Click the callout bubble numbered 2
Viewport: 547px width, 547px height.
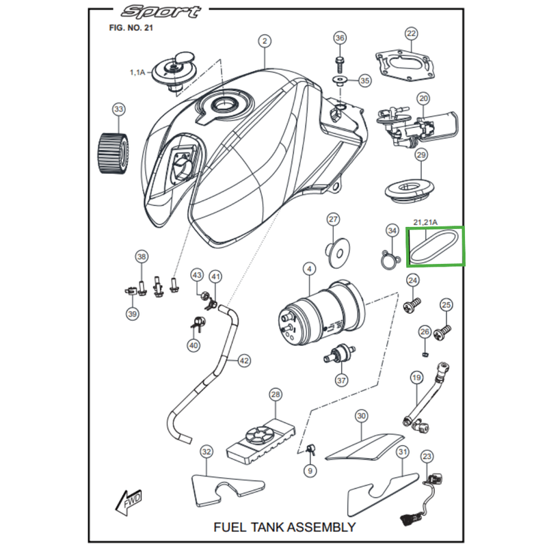click(265, 42)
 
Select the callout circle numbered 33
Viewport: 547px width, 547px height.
click(119, 109)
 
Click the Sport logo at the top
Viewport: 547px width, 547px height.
click(161, 12)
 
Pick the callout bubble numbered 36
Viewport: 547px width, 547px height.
click(340, 38)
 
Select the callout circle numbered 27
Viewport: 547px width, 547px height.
click(333, 219)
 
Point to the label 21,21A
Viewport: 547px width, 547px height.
click(426, 222)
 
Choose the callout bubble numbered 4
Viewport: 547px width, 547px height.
click(310, 270)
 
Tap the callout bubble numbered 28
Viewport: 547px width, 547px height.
click(276, 395)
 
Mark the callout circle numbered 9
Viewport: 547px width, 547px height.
click(309, 470)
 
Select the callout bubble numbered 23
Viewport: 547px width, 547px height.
click(428, 456)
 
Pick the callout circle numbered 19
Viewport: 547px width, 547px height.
click(416, 377)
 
